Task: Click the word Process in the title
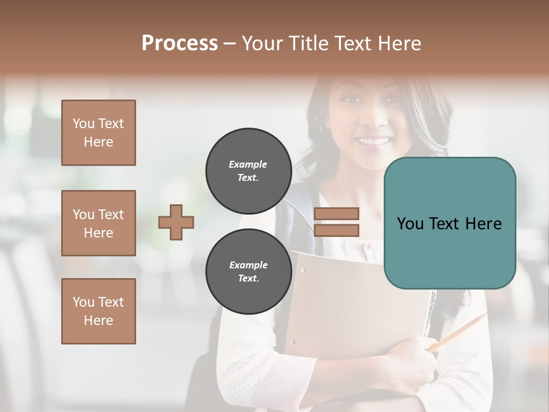point(180,43)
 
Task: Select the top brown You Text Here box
point(98,133)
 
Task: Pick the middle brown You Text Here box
point(98,223)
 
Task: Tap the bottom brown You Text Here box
point(98,311)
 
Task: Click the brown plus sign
point(176,222)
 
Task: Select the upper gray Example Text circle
point(248,171)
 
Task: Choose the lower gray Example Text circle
point(248,271)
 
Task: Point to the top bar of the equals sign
point(336,214)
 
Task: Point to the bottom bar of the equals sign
point(336,230)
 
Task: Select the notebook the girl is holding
point(355,303)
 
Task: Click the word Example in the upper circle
point(248,164)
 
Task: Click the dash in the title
point(229,44)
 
